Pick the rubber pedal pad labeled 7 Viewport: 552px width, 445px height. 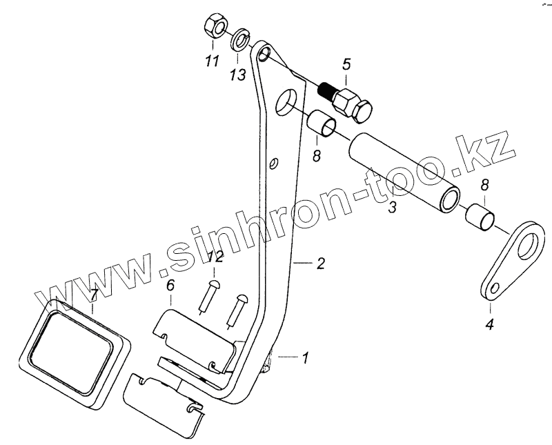(x=76, y=348)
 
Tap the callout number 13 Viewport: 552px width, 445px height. (x=237, y=75)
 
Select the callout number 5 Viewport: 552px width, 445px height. (x=346, y=65)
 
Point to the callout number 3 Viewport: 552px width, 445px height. (x=391, y=206)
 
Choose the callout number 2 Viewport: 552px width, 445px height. (x=319, y=263)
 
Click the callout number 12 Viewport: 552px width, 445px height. (x=215, y=257)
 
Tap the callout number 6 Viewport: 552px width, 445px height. (x=170, y=286)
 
